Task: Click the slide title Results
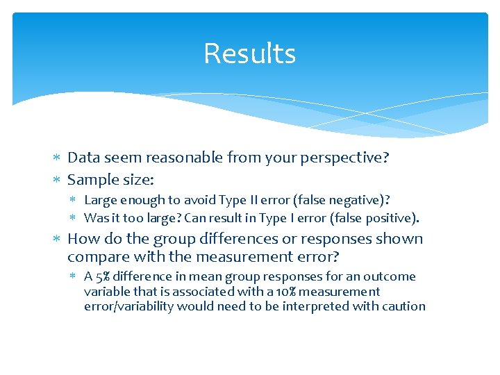(250, 54)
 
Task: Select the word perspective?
(344, 158)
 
